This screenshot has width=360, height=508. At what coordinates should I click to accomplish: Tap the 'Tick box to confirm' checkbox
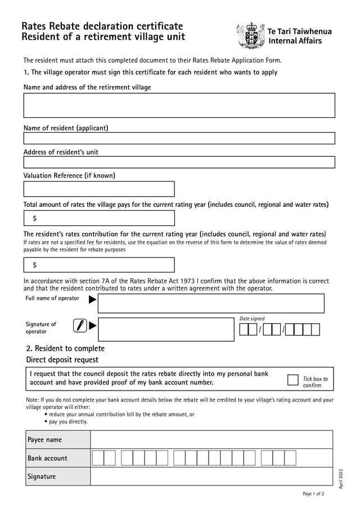coord(293,380)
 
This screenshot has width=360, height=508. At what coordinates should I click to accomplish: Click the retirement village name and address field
coord(179,105)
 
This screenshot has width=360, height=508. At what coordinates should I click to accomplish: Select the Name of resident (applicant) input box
coord(179,138)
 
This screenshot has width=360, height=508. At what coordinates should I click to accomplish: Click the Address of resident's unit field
coord(179,162)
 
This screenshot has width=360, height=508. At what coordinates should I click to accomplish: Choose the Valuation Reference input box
coord(99,189)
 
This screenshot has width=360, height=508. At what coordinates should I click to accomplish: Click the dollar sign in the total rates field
coord(35,219)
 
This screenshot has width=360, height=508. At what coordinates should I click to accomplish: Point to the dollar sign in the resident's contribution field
coord(35,265)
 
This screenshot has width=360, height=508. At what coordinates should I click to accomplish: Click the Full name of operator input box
coord(211,303)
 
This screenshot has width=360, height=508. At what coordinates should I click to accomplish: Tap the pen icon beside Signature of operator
coord(80,325)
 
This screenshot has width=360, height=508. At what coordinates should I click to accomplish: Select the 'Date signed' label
coord(252,319)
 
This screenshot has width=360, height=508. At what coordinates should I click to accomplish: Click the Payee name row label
coord(44,439)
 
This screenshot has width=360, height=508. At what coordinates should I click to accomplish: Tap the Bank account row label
coord(47,458)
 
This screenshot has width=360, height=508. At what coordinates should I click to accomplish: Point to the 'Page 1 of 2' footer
coord(313,495)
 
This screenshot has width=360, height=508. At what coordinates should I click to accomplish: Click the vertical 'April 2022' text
coord(341,478)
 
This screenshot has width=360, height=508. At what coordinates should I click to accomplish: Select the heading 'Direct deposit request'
coord(62,360)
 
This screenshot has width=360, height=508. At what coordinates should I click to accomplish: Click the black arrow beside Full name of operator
coord(93,300)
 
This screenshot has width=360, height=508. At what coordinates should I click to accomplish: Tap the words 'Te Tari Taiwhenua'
coord(300,31)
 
